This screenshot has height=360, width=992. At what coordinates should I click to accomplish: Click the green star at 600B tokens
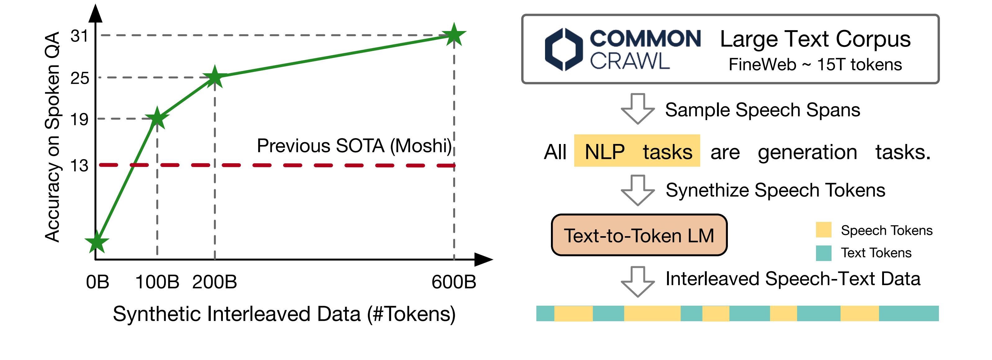pos(454,35)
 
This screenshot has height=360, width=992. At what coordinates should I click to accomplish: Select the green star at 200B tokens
pos(214,77)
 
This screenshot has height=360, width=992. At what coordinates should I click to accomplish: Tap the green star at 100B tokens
pos(157,118)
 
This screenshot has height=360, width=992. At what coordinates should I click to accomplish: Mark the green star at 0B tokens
pos(97,242)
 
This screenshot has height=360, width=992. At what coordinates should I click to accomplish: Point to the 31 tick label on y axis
pos(80,36)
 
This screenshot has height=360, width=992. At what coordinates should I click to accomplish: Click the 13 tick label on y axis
pos(79,166)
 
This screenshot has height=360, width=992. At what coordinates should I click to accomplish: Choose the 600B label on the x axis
pos(454,282)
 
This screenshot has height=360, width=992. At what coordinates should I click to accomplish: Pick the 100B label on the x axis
pos(157,282)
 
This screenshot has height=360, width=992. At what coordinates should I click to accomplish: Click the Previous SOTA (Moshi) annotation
pos(354,146)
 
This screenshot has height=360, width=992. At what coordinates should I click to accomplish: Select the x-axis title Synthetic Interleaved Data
pos(284,314)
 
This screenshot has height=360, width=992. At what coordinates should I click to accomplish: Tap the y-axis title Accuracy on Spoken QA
pos(52,137)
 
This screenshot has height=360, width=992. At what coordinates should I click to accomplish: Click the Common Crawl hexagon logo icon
pos(564,49)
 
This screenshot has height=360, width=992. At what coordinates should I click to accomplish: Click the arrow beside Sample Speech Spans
pos(638,109)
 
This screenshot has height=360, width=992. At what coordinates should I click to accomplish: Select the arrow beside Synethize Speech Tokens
pos(638,190)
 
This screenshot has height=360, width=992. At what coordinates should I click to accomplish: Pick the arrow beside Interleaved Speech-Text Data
pos(638,281)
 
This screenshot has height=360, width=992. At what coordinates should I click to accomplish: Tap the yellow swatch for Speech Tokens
pos(824,230)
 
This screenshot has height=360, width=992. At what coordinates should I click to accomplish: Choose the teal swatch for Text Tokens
pos(824,253)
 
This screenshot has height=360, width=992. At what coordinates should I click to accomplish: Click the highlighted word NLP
pos(605,152)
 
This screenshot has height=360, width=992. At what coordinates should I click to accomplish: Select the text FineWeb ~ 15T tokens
pos(815,65)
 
